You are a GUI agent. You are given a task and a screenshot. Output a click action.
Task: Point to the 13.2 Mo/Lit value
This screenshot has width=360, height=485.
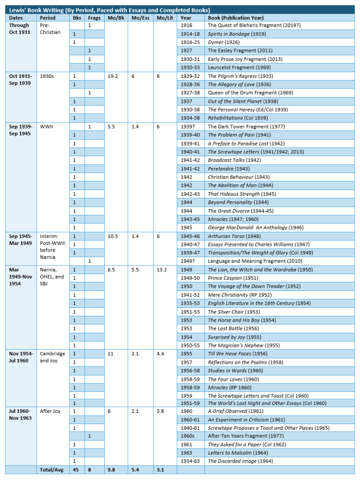coord(162,270)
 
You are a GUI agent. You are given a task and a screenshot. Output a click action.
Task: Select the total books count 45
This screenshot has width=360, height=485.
coord(76,469)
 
